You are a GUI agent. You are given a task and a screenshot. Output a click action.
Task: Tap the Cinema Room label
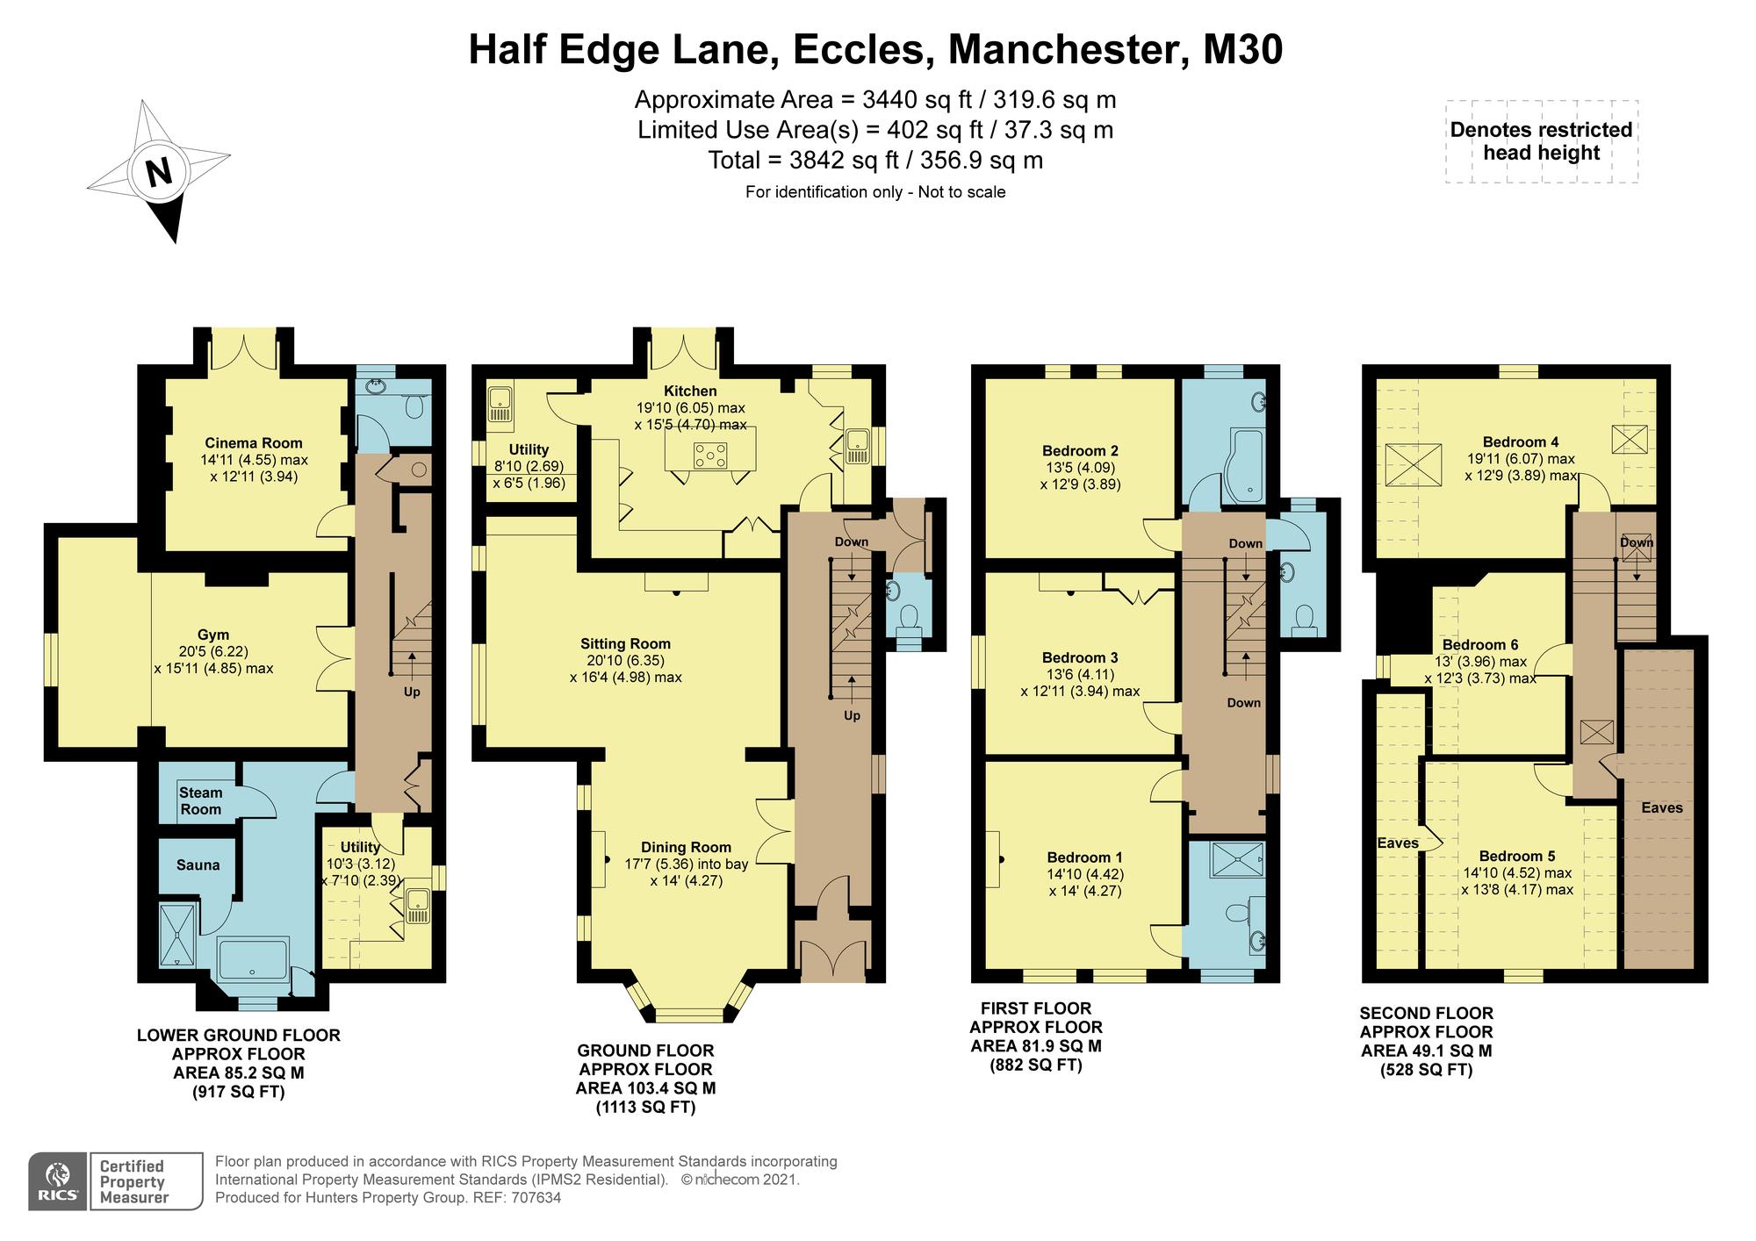pyautogui.click(x=254, y=443)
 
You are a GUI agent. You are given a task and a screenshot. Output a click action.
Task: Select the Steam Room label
pyautogui.click(x=200, y=800)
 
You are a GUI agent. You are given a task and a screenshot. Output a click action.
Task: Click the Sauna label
pyautogui.click(x=198, y=864)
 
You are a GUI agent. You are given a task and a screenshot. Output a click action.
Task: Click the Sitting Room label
pyautogui.click(x=625, y=643)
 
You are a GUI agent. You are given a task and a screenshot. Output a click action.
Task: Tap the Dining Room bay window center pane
pyautogui.click(x=687, y=1015)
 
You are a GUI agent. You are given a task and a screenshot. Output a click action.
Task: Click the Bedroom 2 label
pyautogui.click(x=1080, y=450)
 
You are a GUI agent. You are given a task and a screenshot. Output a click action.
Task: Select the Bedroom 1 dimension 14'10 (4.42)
pyautogui.click(x=1084, y=874)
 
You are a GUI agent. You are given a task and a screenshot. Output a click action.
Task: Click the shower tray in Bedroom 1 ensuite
pyautogui.click(x=1235, y=859)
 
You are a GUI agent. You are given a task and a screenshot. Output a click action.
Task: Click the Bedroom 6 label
pyautogui.click(x=1479, y=644)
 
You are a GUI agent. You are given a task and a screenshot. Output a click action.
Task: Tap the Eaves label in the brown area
pyautogui.click(x=1661, y=807)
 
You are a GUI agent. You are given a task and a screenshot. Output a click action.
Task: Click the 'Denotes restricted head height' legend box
pyautogui.click(x=1541, y=141)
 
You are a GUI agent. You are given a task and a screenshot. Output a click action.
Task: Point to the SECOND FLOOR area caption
pyautogui.click(x=1426, y=1042)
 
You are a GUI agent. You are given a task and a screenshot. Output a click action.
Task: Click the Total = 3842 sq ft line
pyautogui.click(x=875, y=160)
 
